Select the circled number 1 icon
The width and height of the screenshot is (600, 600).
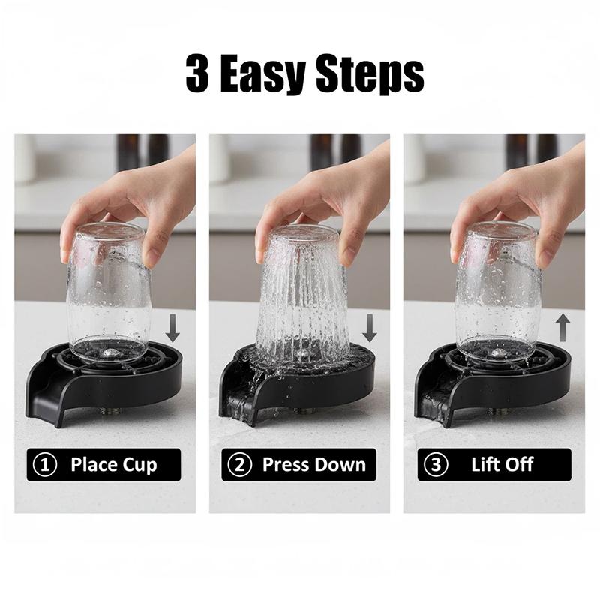(x=45, y=464)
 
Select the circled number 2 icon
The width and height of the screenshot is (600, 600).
(x=240, y=464)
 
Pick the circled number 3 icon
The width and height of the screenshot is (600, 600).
(x=436, y=464)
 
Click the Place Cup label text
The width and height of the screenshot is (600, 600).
(x=114, y=464)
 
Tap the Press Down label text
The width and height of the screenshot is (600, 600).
(x=313, y=464)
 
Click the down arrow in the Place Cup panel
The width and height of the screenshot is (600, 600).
(x=173, y=328)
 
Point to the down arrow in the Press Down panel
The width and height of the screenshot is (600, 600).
(x=368, y=328)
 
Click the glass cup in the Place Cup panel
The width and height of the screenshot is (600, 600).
(x=108, y=292)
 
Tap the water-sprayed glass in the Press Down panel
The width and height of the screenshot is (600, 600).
(x=303, y=300)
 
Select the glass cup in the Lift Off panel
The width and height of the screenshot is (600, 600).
(x=497, y=292)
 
